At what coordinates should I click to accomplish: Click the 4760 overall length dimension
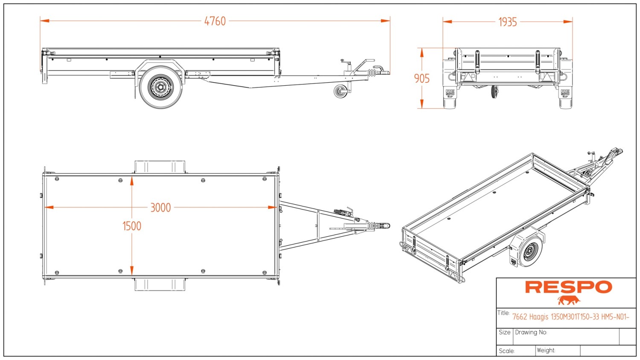coord(215,21)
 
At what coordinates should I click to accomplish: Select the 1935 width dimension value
coord(507,22)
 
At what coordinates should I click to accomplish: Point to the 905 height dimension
coord(422,78)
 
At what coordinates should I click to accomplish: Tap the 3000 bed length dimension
coord(160,208)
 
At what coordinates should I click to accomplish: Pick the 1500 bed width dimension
coord(132,226)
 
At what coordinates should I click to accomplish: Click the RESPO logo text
coord(568,287)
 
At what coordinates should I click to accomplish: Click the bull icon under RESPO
coord(569,300)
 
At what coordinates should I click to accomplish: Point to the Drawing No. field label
coord(531,332)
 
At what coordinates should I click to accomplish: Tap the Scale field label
coord(506,351)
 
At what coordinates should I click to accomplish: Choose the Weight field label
coord(546,350)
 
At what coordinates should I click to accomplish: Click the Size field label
coord(504,332)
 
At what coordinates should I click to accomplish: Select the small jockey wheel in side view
coord(341,91)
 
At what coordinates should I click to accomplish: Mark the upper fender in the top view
coord(160,166)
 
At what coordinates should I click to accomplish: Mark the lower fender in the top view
coord(160,285)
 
